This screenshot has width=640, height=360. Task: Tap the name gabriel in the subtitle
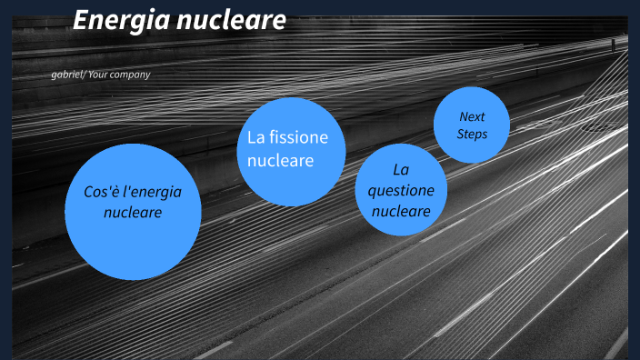[x=67, y=75]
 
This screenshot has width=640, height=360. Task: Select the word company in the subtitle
[x=130, y=75]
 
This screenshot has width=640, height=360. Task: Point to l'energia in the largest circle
[x=152, y=193]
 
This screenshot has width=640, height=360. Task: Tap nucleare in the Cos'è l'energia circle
[x=133, y=213]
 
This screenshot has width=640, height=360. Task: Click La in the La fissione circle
[x=255, y=137]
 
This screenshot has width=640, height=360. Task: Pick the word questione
[x=401, y=190]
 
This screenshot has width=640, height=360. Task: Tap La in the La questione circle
[x=401, y=170]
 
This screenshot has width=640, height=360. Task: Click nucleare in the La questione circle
[x=401, y=211]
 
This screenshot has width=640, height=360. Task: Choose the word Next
[x=472, y=116]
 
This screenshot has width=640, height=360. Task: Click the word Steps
[x=472, y=135]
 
